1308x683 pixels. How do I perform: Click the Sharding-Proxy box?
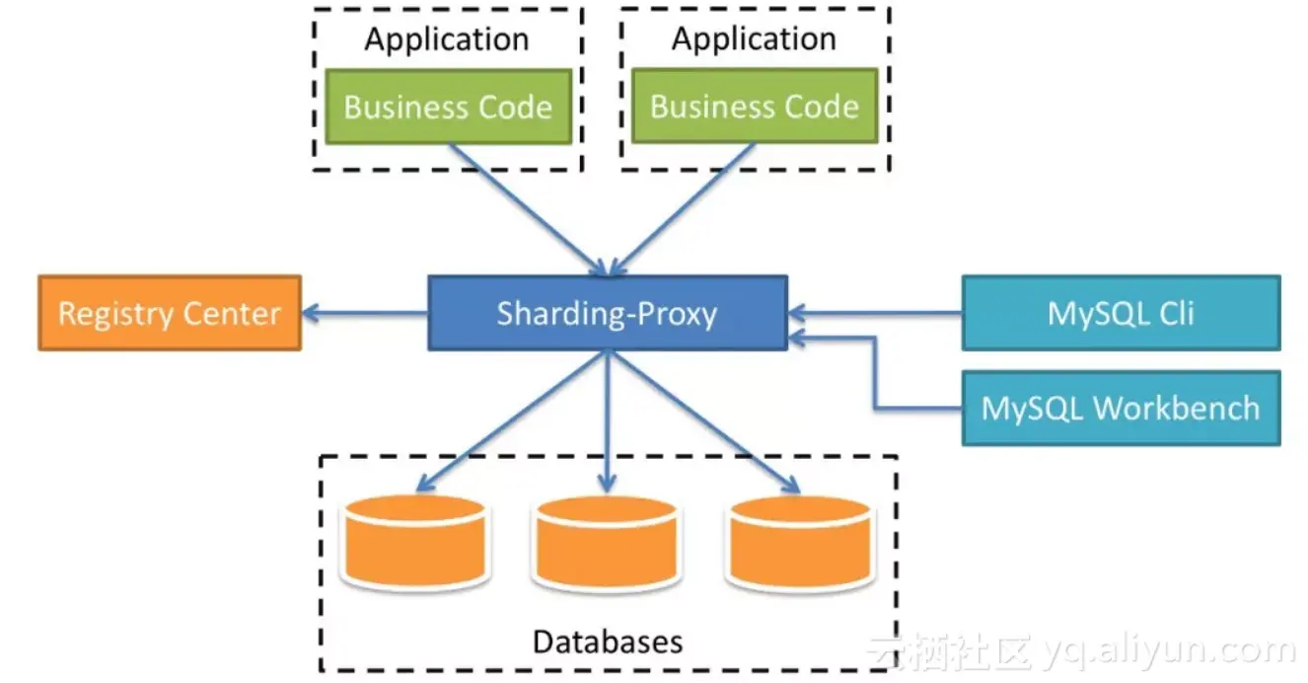pos(607,313)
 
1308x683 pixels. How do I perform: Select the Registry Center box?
pos(170,313)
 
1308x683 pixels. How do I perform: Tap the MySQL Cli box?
pos(1121,313)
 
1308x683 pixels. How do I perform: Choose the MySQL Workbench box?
pos(1121,408)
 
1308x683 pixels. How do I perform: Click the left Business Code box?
pos(448,107)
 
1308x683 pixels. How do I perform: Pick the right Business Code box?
pos(755,107)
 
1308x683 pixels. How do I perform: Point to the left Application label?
pos(447,39)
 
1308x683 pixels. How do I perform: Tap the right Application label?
pos(755,39)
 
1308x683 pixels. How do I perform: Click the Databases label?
pos(608,642)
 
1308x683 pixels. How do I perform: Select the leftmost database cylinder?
pos(413,543)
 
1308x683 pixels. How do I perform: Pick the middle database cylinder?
pos(607,543)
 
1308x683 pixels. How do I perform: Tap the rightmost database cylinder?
pos(800,543)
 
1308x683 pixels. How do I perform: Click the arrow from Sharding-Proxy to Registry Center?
pos(365,314)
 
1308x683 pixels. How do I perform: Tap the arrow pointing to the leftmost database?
pos(513,419)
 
